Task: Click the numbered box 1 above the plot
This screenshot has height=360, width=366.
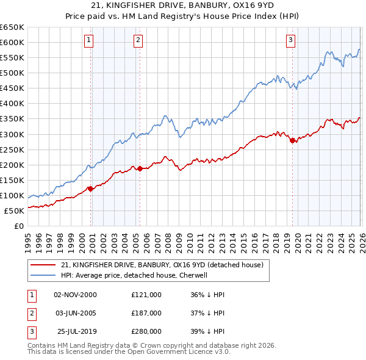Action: [89, 40]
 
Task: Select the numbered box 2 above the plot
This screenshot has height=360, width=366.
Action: [138, 40]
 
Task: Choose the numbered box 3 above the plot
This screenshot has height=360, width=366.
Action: [290, 40]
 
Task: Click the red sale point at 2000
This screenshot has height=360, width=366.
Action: [91, 189]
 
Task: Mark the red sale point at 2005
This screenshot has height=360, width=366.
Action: [140, 168]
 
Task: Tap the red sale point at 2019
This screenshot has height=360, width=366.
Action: [292, 140]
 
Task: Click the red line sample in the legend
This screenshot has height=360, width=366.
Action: [43, 265]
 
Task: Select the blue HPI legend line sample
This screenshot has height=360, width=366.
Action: [43, 275]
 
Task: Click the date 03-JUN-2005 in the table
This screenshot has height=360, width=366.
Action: [75, 312]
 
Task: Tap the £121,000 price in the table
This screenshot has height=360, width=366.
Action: [146, 294]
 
